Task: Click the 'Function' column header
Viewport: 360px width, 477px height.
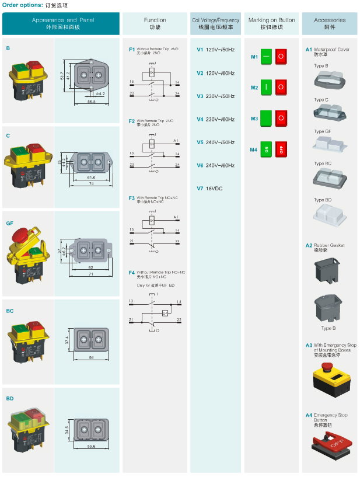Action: click(x=155, y=23)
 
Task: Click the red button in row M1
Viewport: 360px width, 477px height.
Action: click(x=281, y=57)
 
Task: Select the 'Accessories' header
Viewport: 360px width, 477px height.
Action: click(x=330, y=23)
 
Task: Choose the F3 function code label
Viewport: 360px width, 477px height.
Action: click(x=132, y=198)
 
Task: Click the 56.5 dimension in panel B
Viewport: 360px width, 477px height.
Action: click(x=91, y=101)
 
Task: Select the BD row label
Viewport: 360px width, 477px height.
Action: click(x=9, y=399)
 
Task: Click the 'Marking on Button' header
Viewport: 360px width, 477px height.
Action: click(x=271, y=23)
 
